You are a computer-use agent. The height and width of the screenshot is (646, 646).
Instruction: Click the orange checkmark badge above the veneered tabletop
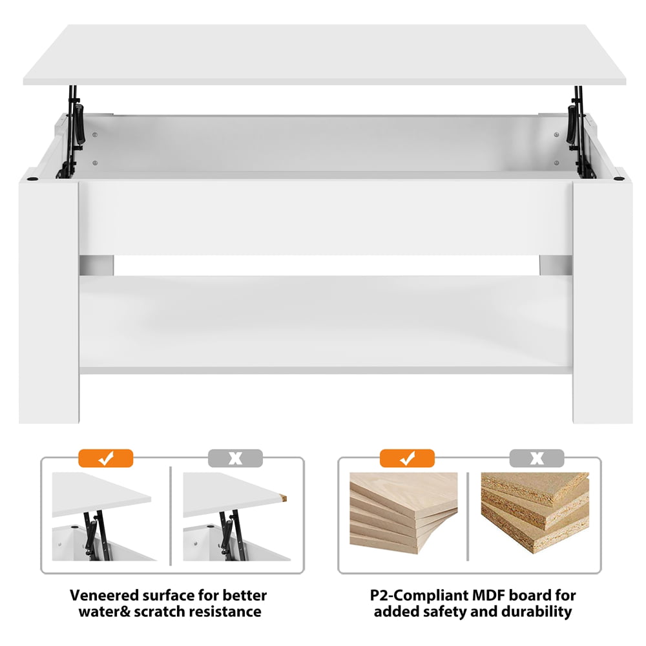(x=105, y=458)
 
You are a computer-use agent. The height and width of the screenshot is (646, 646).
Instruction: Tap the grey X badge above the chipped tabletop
(x=235, y=458)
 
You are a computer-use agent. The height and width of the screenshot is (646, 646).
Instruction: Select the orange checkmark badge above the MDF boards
(x=407, y=458)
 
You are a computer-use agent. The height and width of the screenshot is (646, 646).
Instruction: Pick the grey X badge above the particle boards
(x=537, y=458)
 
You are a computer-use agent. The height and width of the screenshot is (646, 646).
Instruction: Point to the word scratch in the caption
(x=163, y=611)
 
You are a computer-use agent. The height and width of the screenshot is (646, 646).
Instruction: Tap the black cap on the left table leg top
(x=32, y=180)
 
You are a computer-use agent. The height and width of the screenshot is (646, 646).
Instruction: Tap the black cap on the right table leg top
(x=618, y=180)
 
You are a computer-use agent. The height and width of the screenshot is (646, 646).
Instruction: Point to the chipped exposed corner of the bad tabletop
(x=283, y=499)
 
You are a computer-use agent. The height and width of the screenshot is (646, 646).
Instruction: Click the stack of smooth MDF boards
(x=404, y=512)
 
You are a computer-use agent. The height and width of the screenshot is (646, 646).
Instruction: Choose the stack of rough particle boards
(x=535, y=512)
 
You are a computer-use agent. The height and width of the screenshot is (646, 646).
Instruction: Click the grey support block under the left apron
(x=96, y=266)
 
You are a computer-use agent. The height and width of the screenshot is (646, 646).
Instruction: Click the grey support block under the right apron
(x=556, y=266)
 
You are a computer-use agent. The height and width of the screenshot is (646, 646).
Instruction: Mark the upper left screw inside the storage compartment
(x=95, y=135)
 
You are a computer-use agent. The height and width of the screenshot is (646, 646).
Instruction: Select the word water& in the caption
(x=104, y=611)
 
